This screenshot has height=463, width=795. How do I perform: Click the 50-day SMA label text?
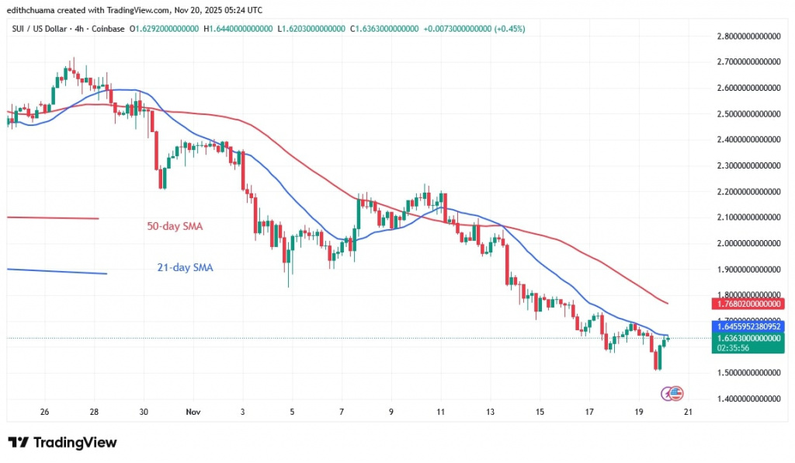coord(175,227)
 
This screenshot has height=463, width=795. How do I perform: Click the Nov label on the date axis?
coord(193,412)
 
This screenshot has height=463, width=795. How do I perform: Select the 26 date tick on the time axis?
coord(44,412)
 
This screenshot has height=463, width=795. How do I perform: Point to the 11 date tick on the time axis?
coord(440,412)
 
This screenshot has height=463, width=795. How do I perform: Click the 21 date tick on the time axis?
coord(688,412)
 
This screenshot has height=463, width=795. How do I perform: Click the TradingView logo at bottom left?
coord(62,442)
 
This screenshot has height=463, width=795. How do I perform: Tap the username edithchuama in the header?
coord(36,9)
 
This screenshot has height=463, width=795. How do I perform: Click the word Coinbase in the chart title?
coord(109,29)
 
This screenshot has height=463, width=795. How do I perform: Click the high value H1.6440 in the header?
coord(238,29)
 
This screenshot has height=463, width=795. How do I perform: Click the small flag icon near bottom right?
coord(675,393)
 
